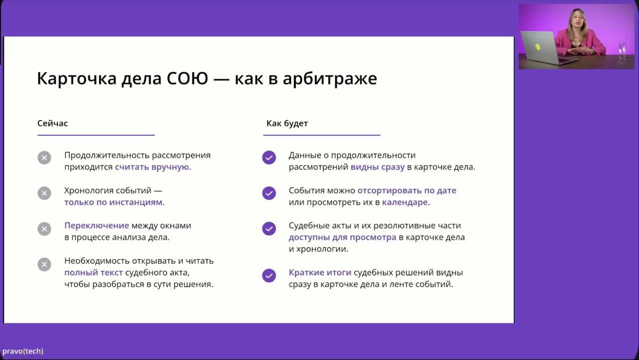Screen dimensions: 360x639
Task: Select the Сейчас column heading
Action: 52,123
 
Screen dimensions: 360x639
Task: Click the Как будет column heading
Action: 287,123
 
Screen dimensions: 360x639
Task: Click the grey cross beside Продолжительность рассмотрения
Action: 44,158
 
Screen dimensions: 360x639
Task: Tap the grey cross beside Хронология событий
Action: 44,193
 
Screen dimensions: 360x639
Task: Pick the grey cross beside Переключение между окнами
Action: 44,229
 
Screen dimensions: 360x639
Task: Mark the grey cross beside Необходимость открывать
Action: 44,264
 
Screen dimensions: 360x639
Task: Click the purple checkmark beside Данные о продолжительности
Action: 269,158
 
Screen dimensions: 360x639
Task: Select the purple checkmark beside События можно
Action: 269,193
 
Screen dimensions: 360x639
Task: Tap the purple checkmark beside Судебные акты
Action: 269,229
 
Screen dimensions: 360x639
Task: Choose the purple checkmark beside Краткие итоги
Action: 269,276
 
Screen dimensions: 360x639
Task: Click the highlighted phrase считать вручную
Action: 153,167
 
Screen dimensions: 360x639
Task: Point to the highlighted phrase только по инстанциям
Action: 113,202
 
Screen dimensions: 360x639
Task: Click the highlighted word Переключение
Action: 96,226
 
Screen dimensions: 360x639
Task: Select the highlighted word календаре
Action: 405,202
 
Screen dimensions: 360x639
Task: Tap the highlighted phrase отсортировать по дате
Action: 406,191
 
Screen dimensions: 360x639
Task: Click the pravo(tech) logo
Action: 23,351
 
